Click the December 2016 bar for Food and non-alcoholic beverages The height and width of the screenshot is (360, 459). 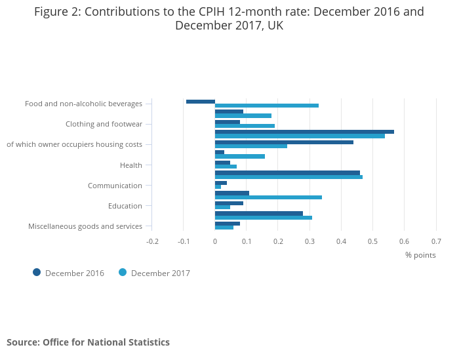click(x=201, y=102)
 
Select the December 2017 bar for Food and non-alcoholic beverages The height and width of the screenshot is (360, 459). click(x=267, y=106)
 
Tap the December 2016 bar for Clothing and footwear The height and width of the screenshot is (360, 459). click(x=228, y=122)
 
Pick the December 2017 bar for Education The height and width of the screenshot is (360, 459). click(x=222, y=207)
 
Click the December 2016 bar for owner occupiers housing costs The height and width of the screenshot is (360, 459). click(x=284, y=142)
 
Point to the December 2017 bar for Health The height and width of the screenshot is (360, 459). click(x=226, y=167)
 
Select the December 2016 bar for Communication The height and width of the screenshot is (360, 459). click(x=221, y=183)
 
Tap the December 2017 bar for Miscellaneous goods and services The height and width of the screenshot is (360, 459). click(x=224, y=228)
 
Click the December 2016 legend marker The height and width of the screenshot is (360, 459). click(x=37, y=272)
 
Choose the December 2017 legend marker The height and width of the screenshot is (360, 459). click(x=123, y=272)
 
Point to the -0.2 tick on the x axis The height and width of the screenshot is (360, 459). click(x=152, y=241)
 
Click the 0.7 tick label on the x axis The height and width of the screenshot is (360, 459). click(x=436, y=241)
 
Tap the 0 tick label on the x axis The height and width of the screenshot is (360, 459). click(x=215, y=241)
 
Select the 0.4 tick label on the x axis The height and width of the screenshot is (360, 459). click(x=341, y=241)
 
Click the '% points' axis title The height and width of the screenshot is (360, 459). click(x=420, y=255)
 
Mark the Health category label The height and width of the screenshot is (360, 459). click(x=131, y=165)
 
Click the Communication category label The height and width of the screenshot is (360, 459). click(x=115, y=186)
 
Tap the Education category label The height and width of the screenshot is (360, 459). click(x=125, y=206)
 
